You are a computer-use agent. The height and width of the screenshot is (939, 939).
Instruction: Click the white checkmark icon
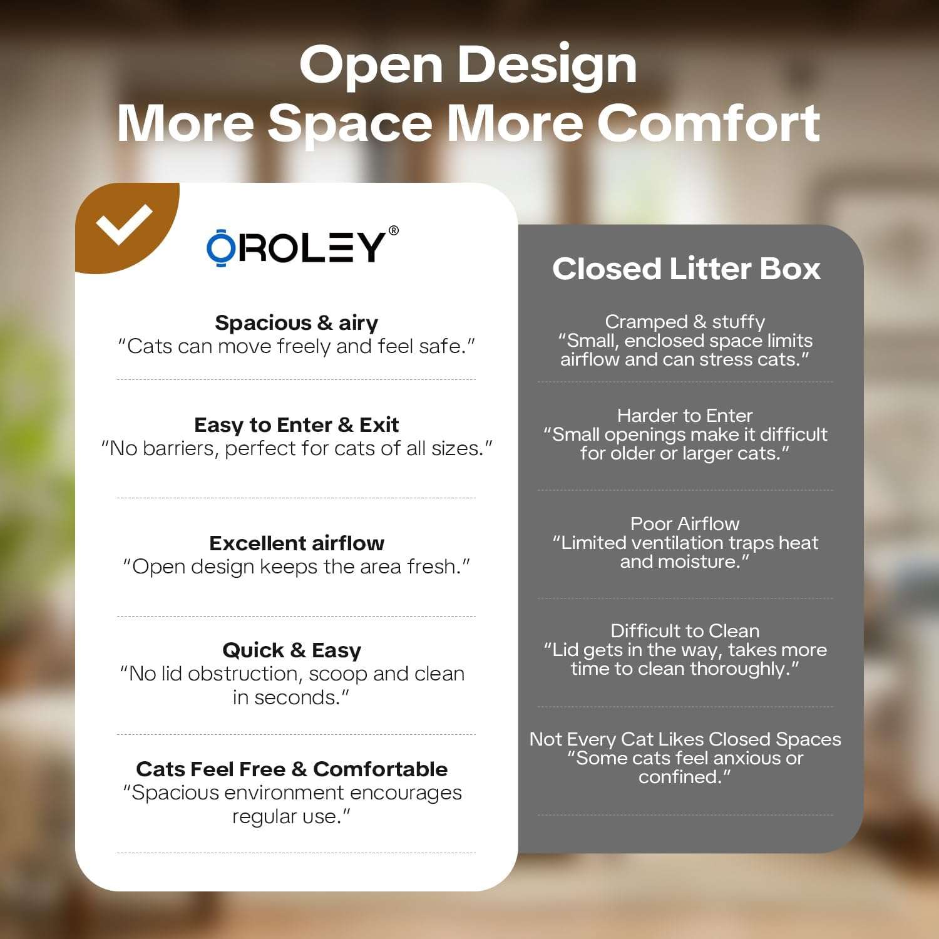[x=125, y=225]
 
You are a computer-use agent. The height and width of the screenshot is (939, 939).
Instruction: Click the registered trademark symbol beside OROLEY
[x=393, y=230]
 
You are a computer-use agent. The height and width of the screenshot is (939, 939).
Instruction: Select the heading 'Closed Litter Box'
[x=686, y=269]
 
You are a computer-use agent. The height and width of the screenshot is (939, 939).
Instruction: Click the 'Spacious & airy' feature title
[x=296, y=323]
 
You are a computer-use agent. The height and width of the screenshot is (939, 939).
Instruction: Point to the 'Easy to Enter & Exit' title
[x=296, y=425]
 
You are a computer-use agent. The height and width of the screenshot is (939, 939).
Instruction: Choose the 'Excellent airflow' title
[x=297, y=543]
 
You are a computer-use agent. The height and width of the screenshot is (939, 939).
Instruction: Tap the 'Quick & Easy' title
[x=292, y=651]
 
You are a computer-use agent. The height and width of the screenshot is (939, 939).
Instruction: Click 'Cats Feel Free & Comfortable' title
[x=292, y=769]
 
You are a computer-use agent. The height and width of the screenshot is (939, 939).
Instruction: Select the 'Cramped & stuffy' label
[x=685, y=322]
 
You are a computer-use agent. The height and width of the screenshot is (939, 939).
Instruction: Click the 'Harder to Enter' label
[x=685, y=416]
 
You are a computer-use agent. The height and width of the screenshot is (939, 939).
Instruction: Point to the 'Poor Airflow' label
[x=685, y=524]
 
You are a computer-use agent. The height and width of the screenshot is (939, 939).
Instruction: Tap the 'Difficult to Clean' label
[x=685, y=631]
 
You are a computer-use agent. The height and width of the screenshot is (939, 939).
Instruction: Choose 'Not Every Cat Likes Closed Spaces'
[x=685, y=739]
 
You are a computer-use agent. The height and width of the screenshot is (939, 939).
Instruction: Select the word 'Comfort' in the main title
[x=709, y=123]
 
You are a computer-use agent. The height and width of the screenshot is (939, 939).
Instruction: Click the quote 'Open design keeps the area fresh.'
[x=296, y=567]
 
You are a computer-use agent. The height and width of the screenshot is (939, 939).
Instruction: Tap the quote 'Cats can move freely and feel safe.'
[x=296, y=347]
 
